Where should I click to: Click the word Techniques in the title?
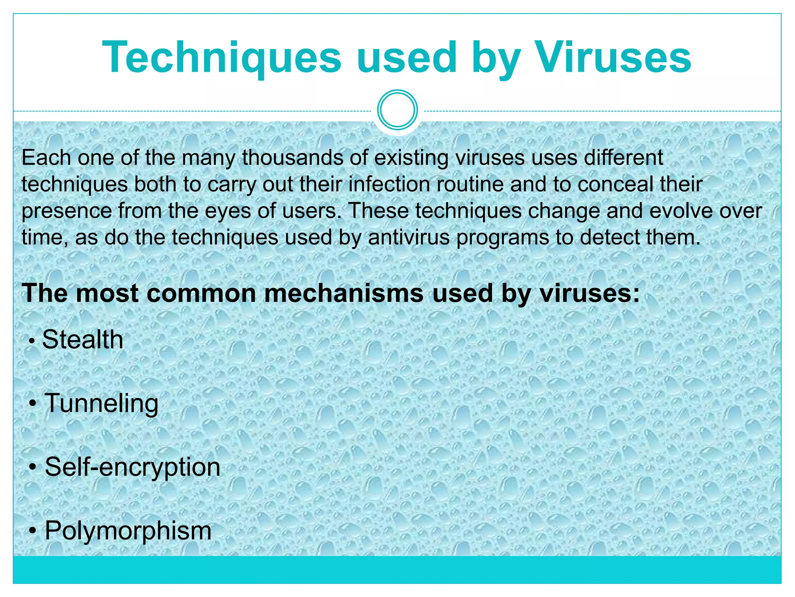coord(222,58)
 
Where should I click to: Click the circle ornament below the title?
coord(397,110)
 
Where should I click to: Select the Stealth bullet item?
coord(83,339)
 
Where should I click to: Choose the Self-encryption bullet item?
coord(132,467)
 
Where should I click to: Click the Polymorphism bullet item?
coord(128,531)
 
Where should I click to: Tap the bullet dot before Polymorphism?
coord(33,531)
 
